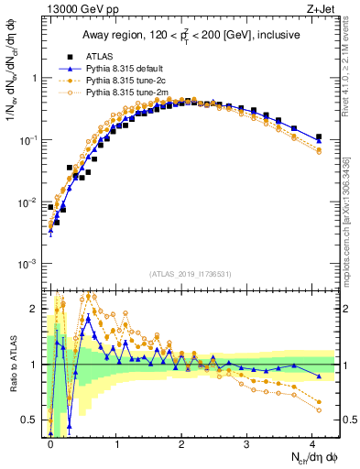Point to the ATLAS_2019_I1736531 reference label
(x=189, y=275)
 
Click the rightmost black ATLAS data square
(x=319, y=137)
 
